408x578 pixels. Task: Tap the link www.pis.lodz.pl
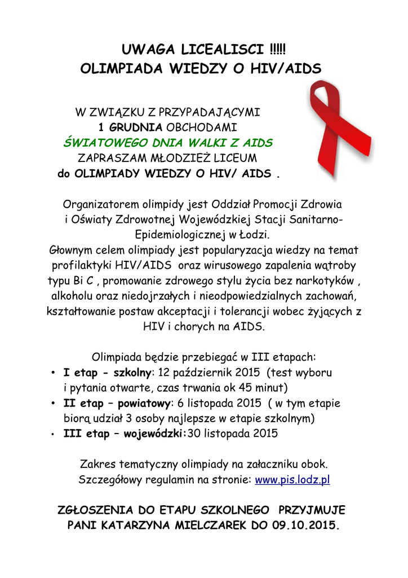coord(292,480)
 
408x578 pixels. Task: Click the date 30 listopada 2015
coord(233,434)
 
